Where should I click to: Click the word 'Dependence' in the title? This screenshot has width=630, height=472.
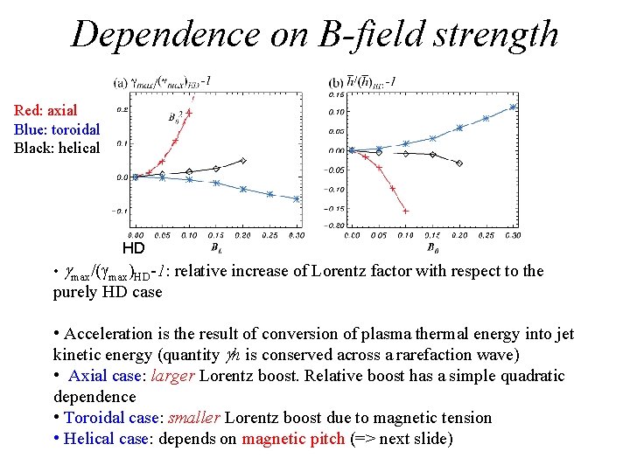(x=164, y=34)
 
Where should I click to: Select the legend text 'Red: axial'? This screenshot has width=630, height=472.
(x=45, y=110)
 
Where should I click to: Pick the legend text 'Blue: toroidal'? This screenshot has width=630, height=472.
(x=57, y=129)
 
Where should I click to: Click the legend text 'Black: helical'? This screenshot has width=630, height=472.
(x=57, y=149)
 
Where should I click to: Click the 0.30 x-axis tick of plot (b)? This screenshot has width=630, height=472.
(x=512, y=235)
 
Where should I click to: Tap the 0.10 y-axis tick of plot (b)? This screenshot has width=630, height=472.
(x=336, y=112)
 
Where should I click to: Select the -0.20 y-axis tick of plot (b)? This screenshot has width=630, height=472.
(x=335, y=226)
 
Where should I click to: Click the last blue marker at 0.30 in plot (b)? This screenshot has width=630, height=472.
(x=513, y=108)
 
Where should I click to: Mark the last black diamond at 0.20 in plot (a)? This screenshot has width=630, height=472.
(x=243, y=161)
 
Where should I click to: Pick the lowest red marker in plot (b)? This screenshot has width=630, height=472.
(x=405, y=211)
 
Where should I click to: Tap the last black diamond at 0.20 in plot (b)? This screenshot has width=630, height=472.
(x=459, y=163)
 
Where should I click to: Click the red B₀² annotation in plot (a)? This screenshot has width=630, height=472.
(x=177, y=120)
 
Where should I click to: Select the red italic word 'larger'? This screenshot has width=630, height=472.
(x=173, y=376)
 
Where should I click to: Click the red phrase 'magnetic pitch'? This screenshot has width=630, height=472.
(x=293, y=439)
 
